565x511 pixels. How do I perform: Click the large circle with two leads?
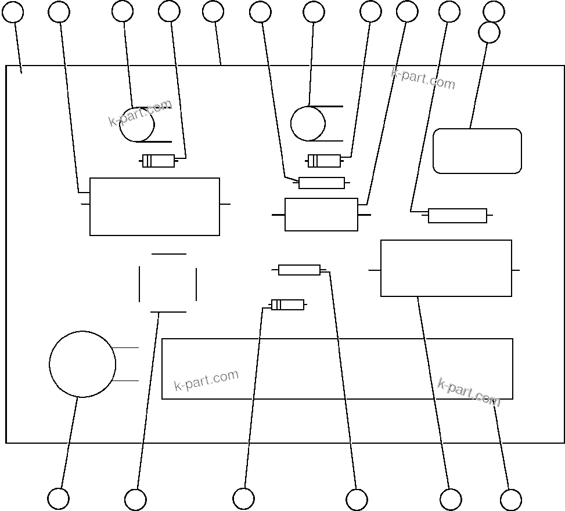pyautogui.click(x=82, y=364)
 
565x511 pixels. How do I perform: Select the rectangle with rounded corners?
pyautogui.click(x=477, y=151)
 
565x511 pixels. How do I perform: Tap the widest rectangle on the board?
pyautogui.click(x=337, y=369)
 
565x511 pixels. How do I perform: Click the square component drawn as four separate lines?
pyautogui.click(x=168, y=283)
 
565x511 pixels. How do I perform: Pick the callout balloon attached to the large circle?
pyautogui.click(x=58, y=498)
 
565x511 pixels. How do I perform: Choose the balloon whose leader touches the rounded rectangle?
pyautogui.click(x=489, y=32)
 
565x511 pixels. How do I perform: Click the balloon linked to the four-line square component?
pyautogui.click(x=135, y=499)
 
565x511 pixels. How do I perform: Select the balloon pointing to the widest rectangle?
pyautogui.click(x=510, y=499)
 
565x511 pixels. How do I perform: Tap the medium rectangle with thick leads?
pyautogui.click(x=321, y=215)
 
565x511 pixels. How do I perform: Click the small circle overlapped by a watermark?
pyautogui.click(x=137, y=125)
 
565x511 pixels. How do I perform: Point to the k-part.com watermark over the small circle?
pyautogui.click(x=141, y=114)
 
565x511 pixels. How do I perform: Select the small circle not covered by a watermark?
pyautogui.click(x=308, y=124)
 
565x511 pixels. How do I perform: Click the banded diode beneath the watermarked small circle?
pyautogui.click(x=159, y=161)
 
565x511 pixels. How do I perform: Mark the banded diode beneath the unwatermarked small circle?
pyautogui.click(x=324, y=161)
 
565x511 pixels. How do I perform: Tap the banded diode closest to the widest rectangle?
pyautogui.click(x=287, y=305)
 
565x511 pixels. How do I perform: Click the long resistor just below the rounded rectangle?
pyautogui.click(x=458, y=216)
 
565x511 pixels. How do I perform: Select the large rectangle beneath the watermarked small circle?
pyautogui.click(x=154, y=206)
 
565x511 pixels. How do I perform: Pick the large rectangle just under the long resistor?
pyautogui.click(x=446, y=268)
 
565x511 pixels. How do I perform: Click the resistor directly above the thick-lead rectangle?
pyautogui.click(x=322, y=183)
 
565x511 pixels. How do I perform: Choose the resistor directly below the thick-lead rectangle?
pyautogui.click(x=299, y=270)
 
